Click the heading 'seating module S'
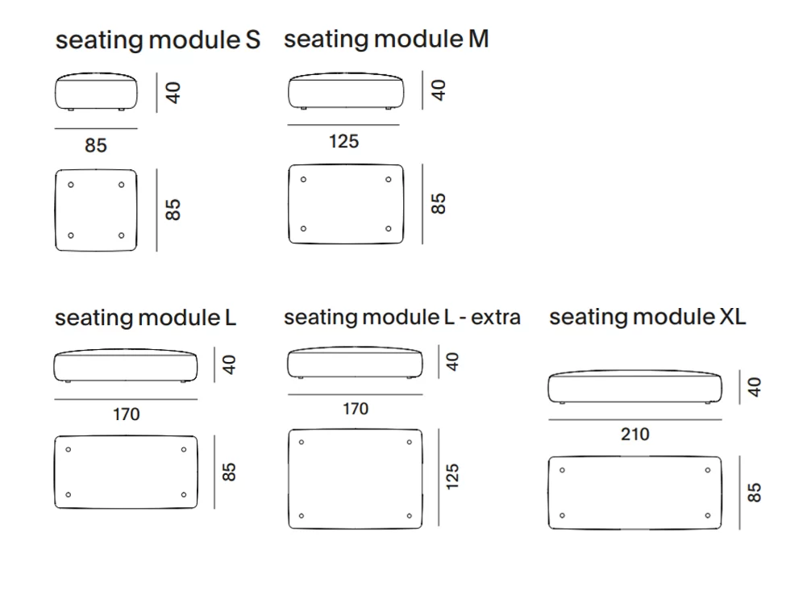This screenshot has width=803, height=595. tap(158, 40)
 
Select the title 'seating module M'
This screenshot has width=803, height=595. tap(386, 39)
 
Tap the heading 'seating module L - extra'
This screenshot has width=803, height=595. tap(402, 318)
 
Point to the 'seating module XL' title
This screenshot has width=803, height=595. tap(647, 317)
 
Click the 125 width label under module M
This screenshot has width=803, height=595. tap(343, 141)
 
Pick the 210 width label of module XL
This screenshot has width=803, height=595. tap(635, 435)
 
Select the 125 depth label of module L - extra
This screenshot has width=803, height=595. tap(452, 476)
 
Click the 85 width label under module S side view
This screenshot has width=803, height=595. tap(96, 145)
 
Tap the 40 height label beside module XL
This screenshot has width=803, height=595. tap(755, 387)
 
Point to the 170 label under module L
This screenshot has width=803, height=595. tap(126, 414)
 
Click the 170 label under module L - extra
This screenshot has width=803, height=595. tap(356, 409)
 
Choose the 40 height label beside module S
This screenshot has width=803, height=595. tap(173, 93)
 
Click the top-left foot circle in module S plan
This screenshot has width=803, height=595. tap(71, 185)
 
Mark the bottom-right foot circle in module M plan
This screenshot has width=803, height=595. tap(388, 228)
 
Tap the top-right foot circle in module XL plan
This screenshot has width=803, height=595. tap(708, 470)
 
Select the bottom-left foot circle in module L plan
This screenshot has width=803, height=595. tap(68, 495)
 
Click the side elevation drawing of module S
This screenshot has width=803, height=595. tap(96, 91)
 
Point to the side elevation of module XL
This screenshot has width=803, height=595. tap(635, 387)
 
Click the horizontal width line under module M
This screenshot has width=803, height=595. tap(343, 125)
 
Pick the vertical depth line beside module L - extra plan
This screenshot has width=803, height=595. tap(439, 477)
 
